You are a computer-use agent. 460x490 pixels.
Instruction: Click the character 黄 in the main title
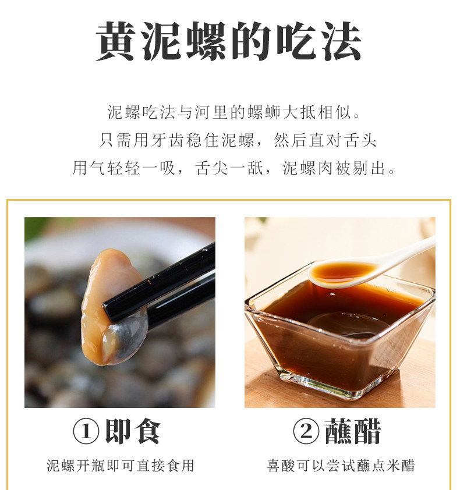116,41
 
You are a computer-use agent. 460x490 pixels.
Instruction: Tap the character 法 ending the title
342,41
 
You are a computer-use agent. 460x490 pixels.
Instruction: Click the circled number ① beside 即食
86,432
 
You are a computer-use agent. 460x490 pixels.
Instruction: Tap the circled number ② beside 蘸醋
306,432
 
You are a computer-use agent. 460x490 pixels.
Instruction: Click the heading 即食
133,432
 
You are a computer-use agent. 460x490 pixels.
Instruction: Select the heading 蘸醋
353,432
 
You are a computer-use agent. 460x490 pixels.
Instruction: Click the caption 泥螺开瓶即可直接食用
121,466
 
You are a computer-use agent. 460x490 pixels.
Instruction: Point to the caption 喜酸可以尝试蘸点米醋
341,466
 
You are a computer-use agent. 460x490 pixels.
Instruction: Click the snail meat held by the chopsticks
103,300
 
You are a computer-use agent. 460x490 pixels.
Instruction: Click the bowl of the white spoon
342,272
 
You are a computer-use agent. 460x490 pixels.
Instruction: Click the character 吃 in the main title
296,41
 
